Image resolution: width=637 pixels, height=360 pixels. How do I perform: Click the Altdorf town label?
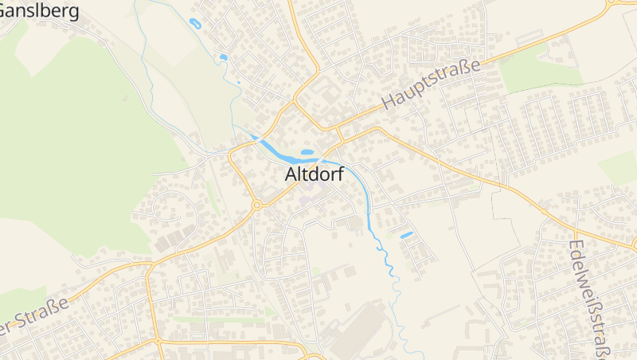pos(315,174)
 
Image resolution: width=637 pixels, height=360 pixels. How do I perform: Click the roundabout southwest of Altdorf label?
pos(256,205)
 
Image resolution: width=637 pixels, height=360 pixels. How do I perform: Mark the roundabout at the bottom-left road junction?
pos(158,342)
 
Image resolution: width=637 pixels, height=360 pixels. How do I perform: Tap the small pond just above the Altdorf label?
pos(307,151)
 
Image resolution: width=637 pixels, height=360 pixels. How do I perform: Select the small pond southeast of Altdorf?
pos(406,235)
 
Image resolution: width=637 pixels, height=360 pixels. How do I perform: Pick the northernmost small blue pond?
pos(195,23)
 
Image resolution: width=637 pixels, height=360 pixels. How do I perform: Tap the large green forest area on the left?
pos(72,143)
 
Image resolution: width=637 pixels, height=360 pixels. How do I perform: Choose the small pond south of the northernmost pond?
pos(223,57)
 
